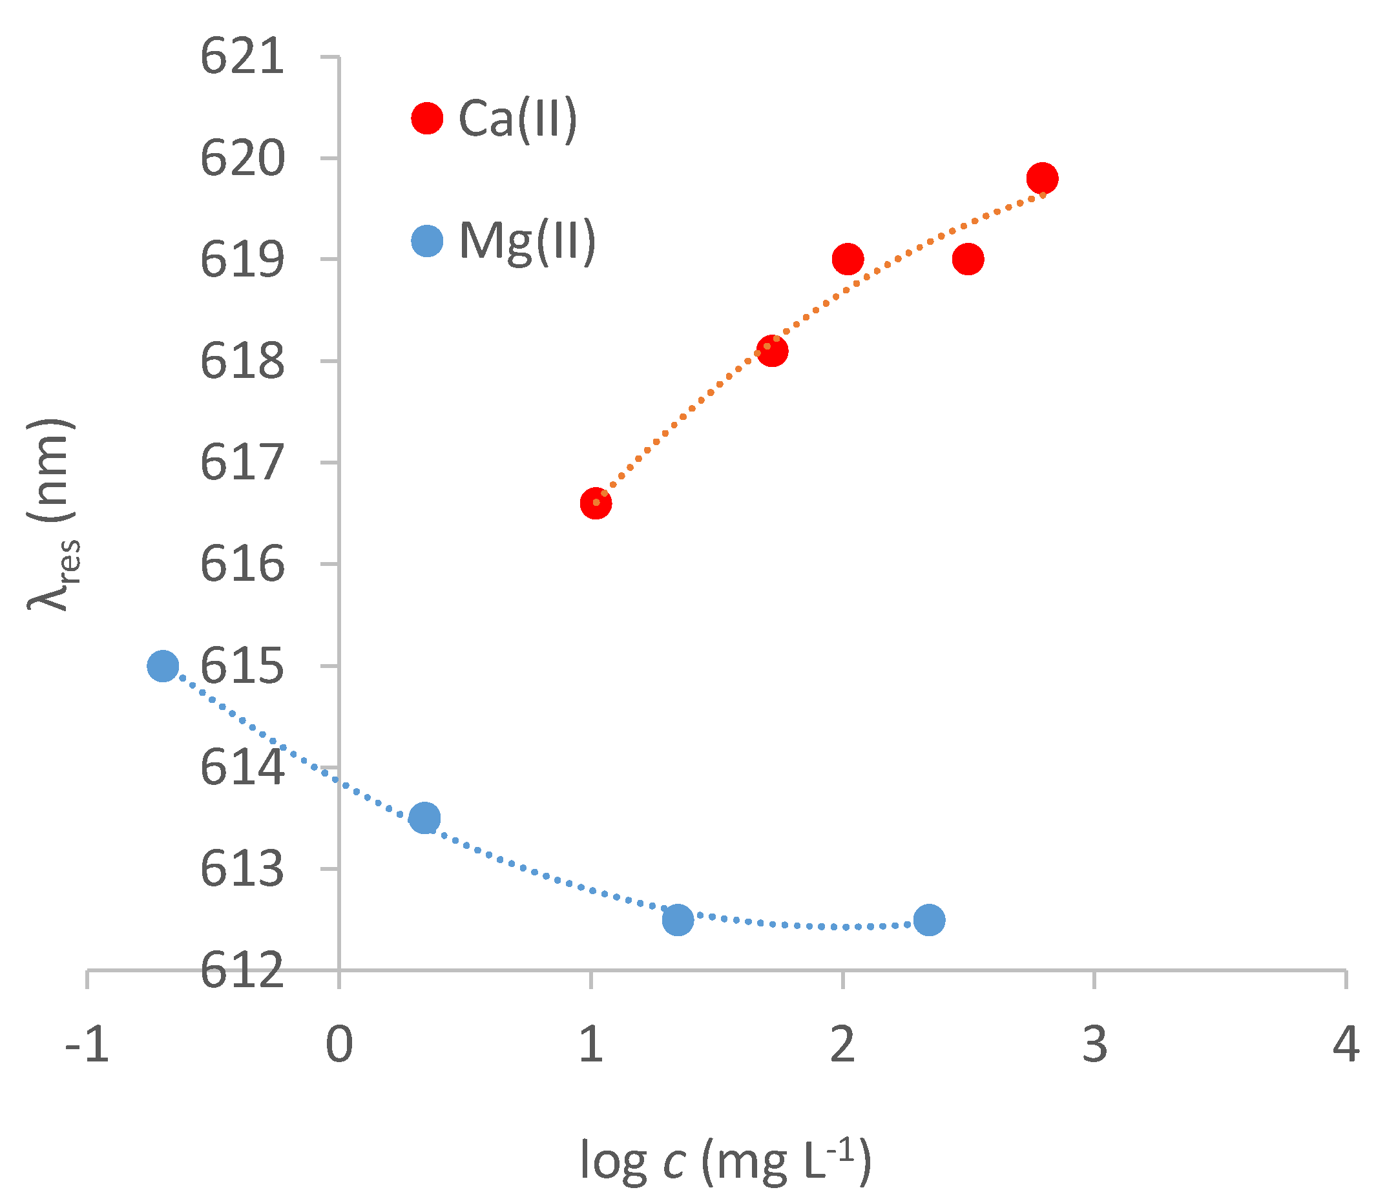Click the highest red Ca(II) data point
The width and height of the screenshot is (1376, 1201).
1041,178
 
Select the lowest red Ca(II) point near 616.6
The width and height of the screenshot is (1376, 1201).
596,503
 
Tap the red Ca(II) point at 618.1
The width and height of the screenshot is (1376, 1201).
772,351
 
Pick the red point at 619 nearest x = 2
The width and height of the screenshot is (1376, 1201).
848,258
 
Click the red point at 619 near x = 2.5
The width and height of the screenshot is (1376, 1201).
968,258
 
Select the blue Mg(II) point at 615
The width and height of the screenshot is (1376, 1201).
163,665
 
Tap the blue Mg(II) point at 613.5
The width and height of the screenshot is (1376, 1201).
424,818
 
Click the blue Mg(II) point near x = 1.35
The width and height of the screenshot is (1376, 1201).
678,919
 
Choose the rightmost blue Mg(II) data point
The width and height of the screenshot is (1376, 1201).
929,919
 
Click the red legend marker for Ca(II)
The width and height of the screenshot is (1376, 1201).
427,119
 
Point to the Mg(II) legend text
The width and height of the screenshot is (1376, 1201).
526,241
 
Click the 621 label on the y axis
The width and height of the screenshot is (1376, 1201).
243,57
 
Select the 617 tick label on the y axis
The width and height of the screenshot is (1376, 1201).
243,463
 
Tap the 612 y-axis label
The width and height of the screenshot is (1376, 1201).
243,972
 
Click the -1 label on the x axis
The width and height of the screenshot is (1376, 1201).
87,1044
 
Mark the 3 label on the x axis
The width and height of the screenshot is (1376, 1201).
1094,1044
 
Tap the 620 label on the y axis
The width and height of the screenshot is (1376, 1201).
243,159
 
